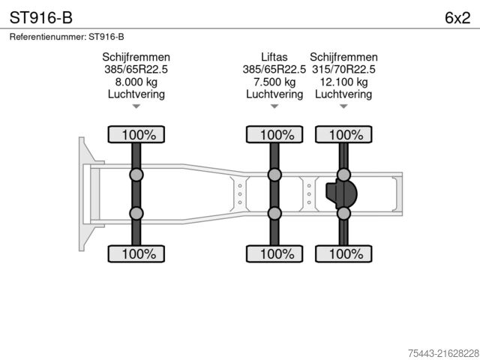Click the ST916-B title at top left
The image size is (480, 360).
point(41,17)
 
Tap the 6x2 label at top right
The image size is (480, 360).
point(457,18)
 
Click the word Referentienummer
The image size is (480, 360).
point(48,37)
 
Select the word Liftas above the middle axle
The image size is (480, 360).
point(274,57)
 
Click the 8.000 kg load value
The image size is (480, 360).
point(136,82)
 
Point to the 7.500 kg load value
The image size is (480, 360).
point(274,82)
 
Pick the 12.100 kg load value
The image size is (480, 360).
point(343,82)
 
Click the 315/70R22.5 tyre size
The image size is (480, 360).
point(343,70)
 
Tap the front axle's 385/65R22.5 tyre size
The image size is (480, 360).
point(136,70)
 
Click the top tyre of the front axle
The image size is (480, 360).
point(136,134)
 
